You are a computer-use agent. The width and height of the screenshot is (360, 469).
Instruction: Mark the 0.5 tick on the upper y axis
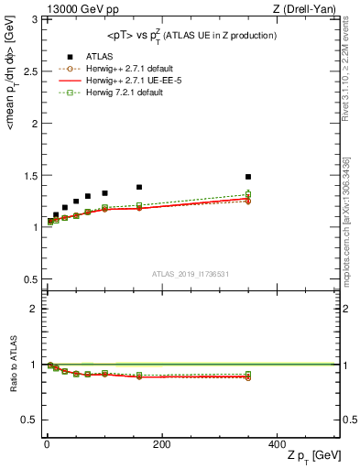(x=28, y=279)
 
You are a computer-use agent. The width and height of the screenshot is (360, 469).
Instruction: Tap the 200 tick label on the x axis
(x=161, y=444)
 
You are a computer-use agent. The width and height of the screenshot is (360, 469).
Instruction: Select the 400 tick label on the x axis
(x=277, y=444)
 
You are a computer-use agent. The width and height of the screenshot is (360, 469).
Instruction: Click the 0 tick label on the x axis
(x=46, y=444)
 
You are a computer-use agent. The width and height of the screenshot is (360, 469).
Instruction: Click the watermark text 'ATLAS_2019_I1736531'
(x=191, y=273)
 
